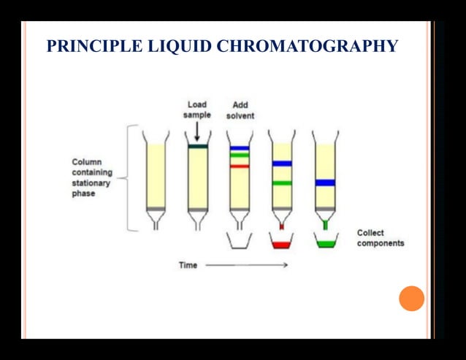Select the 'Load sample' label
click(x=197, y=110)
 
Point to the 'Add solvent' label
click(x=240, y=110)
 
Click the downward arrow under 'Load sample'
click(x=197, y=131)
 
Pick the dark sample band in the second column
click(x=197, y=147)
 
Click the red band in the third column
click(x=240, y=166)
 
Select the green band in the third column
click(x=240, y=156)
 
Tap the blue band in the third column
click(x=240, y=148)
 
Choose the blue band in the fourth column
click(x=282, y=163)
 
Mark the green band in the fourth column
click(x=282, y=183)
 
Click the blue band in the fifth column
click(x=325, y=183)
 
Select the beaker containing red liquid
click(x=282, y=243)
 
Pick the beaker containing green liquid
click(x=325, y=242)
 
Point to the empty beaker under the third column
click(x=240, y=241)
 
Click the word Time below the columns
click(x=188, y=264)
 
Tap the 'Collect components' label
click(x=380, y=238)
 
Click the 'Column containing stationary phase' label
click(x=92, y=177)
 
